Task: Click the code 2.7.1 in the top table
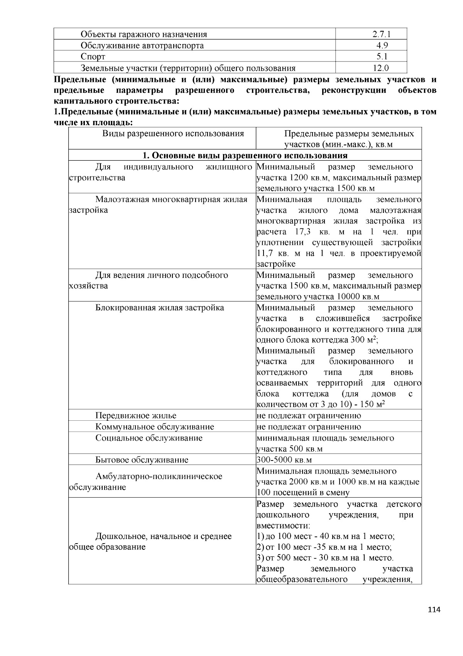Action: point(382,34)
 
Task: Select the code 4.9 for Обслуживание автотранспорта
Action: point(382,46)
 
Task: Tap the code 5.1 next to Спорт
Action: point(382,57)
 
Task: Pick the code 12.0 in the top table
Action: point(382,68)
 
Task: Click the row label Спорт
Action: point(93,57)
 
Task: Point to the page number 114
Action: point(434,610)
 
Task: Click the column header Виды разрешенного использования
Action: point(173,134)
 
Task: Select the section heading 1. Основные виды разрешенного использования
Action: point(245,155)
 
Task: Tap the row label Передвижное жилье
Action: point(136,416)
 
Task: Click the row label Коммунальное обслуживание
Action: point(155,427)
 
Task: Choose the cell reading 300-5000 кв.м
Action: point(284,460)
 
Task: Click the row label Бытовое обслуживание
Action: point(142,460)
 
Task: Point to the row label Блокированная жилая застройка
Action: point(159,308)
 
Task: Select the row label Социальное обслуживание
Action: point(149,438)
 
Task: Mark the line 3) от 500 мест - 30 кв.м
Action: point(325,558)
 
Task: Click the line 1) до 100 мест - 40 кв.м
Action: point(325,536)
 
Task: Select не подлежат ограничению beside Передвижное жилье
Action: point(309,416)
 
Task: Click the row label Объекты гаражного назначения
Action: point(144,34)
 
